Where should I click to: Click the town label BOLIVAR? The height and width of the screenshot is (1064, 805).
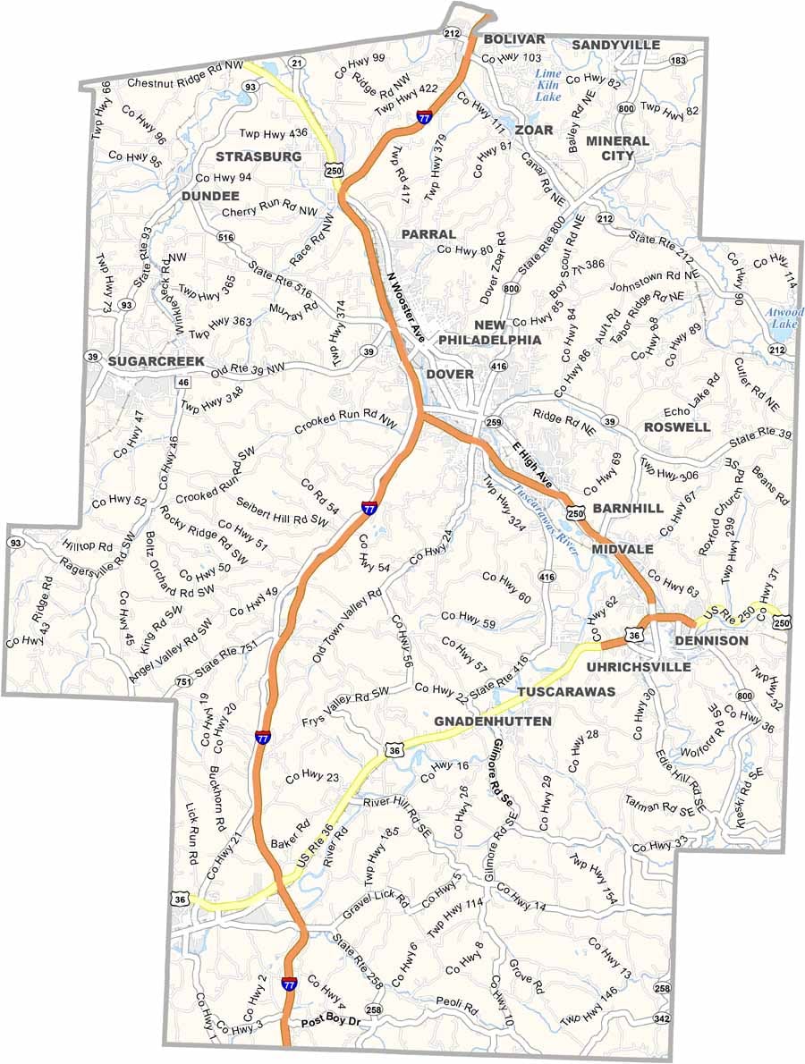tap(513, 39)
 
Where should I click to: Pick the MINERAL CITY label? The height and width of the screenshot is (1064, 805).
tap(617, 148)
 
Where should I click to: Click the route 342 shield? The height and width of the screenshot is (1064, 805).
tap(661, 1018)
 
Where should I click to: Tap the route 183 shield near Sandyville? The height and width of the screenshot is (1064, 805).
tap(677, 60)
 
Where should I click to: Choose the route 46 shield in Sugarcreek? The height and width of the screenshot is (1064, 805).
tap(182, 382)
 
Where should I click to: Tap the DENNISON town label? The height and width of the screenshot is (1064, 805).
tap(711, 641)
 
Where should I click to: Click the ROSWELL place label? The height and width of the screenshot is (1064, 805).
tap(677, 426)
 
